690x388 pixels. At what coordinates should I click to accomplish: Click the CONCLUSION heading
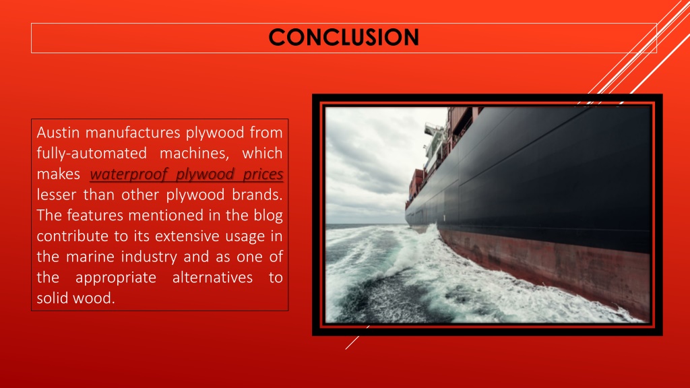(343, 37)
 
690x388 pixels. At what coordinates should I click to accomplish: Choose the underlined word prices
(261, 175)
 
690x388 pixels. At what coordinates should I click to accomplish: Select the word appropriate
(115, 277)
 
